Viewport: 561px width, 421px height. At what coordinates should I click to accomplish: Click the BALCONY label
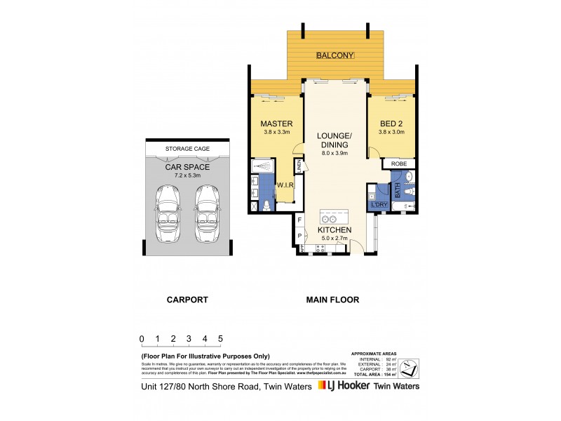(x=335, y=55)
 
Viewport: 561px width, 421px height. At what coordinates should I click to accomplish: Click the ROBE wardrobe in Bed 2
(x=398, y=163)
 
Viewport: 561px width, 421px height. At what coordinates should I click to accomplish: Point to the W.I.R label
(x=285, y=185)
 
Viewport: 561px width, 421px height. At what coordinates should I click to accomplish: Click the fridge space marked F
(x=300, y=220)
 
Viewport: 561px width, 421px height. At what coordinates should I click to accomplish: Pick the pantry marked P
(x=300, y=236)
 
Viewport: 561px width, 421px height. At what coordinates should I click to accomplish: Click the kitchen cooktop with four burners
(x=303, y=248)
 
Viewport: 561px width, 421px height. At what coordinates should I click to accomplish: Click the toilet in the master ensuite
(x=266, y=205)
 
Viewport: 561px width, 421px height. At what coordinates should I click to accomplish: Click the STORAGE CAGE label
(x=187, y=149)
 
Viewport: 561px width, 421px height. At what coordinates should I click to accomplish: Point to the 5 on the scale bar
(x=221, y=338)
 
